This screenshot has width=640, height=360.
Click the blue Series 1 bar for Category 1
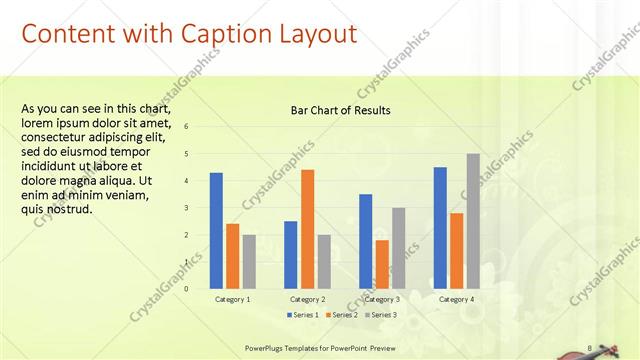[216, 231]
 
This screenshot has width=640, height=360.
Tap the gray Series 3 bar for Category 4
[473, 221]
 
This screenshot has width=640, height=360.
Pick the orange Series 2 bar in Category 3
[382, 264]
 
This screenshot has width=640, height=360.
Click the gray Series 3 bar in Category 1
[249, 262]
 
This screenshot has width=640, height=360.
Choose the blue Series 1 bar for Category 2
[290, 255]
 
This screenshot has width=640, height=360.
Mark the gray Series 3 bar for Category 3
[398, 248]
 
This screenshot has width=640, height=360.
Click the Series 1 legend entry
[304, 315]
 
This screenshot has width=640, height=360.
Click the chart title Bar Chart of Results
[340, 110]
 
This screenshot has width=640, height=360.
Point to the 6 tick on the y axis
[186, 127]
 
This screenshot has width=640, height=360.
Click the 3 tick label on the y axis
[186, 208]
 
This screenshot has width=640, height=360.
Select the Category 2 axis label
[307, 299]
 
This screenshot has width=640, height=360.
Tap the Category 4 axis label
[456, 299]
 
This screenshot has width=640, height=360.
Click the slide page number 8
[591, 347]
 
